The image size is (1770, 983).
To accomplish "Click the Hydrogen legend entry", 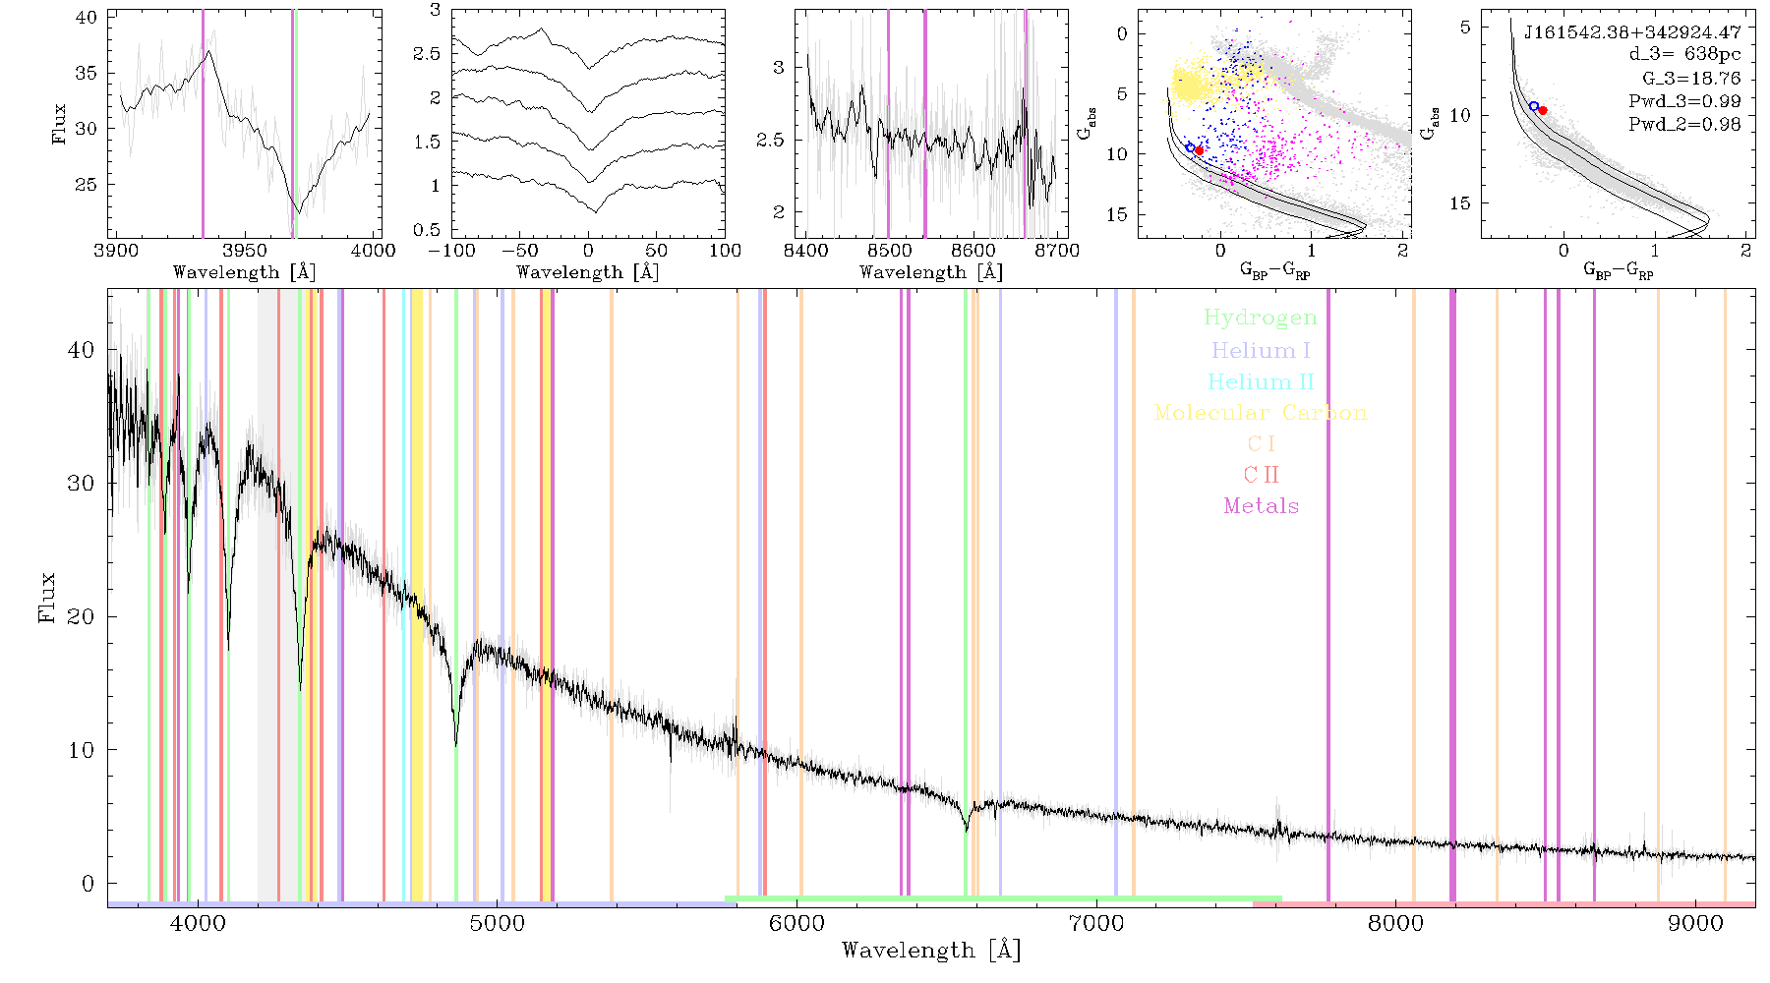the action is click(1261, 318).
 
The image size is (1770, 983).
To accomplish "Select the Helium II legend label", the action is click(1261, 381).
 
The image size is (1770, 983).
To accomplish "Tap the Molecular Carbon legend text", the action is click(1261, 413).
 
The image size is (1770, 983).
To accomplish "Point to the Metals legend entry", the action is click(1262, 506).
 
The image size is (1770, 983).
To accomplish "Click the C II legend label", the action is click(1261, 475).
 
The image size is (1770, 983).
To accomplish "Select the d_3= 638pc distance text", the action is click(1684, 54).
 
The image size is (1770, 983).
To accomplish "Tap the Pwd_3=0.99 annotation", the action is click(1684, 101).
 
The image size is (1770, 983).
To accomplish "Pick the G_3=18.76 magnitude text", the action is click(1691, 78).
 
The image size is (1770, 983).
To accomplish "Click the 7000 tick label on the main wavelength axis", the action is click(1096, 923).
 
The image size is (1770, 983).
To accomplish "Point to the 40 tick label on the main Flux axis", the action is click(82, 350).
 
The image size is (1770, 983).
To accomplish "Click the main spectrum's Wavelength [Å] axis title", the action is click(931, 951).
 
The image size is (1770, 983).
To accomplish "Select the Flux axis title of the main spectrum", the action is click(46, 597).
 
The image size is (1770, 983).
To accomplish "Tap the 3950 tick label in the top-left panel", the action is click(245, 251).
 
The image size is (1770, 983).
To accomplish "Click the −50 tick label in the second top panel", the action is click(519, 251).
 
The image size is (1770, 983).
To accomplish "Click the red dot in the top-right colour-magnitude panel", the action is click(1543, 110).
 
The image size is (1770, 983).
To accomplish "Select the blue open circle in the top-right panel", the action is click(1534, 106).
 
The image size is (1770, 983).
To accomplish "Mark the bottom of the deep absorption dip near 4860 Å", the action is click(456, 746).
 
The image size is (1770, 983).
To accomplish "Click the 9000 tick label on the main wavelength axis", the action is click(1695, 923).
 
